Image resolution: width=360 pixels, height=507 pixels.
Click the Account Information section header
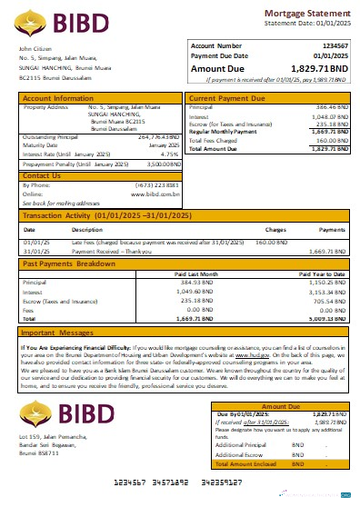point(58,97)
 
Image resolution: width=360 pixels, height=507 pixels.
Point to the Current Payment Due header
point(227,97)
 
